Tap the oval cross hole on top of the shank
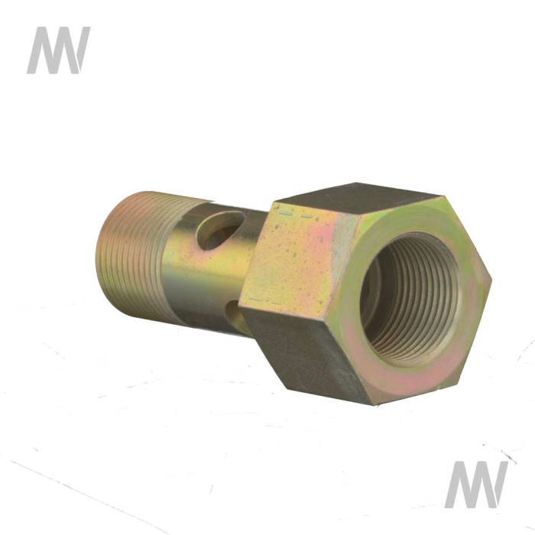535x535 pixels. (221, 230)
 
